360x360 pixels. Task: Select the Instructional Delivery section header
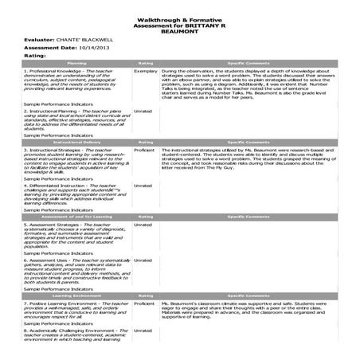click(x=76, y=143)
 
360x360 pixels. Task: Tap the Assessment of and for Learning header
click(x=76, y=216)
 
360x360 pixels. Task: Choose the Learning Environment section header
click(x=76, y=295)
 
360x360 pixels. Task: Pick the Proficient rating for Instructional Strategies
click(x=144, y=149)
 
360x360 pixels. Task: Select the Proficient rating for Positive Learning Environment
click(x=144, y=303)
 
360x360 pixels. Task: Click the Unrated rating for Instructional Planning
click(x=142, y=111)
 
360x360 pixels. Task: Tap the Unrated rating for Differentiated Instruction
click(x=142, y=186)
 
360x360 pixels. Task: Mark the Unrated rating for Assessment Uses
click(x=142, y=260)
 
